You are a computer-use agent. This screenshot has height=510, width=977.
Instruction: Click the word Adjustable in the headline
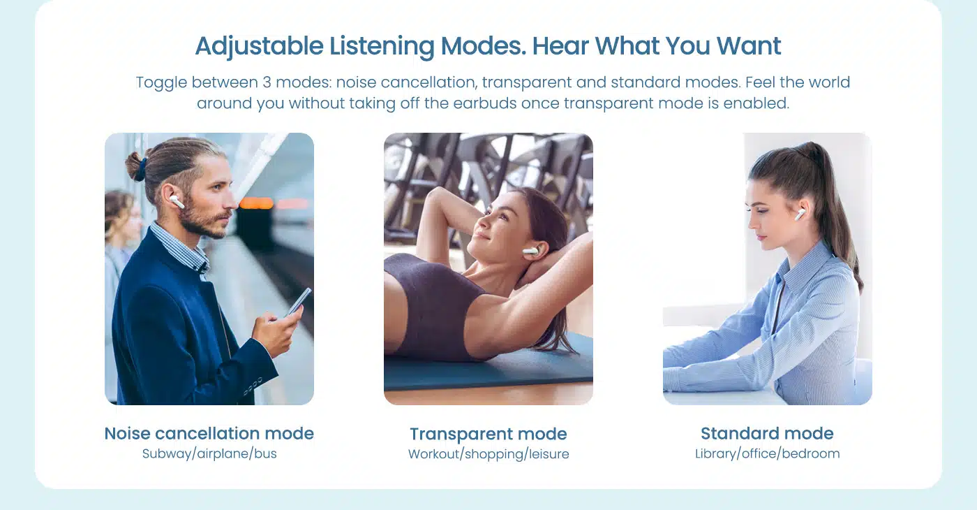259,46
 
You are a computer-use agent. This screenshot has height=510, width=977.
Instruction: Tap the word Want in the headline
748,46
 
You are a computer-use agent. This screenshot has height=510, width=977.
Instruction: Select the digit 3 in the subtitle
267,82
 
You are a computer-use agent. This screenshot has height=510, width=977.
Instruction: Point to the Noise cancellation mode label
209,434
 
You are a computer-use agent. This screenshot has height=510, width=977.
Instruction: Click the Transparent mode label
488,434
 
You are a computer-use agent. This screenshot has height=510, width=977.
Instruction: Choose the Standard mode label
767,434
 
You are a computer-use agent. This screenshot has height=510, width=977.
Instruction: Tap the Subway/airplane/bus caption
209,453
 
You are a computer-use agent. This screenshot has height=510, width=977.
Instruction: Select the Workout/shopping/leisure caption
488,454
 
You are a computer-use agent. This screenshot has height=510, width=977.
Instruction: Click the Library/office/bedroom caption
767,453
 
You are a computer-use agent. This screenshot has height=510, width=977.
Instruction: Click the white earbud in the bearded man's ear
177,202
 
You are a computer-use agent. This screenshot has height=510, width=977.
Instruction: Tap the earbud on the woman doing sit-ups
530,252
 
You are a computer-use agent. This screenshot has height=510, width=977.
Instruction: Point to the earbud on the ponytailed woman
800,214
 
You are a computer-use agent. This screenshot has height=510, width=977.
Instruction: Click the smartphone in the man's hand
299,301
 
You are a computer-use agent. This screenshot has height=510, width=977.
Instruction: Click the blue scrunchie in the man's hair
141,170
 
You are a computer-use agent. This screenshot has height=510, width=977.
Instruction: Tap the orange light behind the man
256,203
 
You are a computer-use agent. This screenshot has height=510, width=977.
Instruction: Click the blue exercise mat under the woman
488,367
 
